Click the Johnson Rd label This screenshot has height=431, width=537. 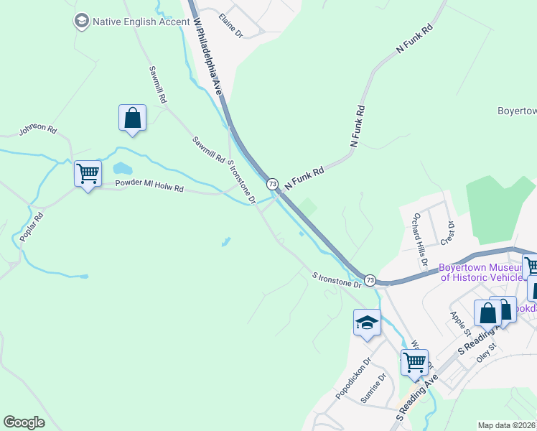tap(37, 129)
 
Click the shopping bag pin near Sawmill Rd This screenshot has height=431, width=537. tap(133, 119)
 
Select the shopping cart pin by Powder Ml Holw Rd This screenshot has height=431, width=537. tap(88, 174)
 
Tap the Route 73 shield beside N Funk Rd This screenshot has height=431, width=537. tap(272, 184)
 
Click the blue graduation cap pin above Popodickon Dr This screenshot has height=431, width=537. tap(367, 323)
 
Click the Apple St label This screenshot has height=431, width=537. tap(459, 323)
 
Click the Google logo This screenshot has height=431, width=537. tap(24, 422)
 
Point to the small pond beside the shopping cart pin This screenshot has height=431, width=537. tap(122, 169)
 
